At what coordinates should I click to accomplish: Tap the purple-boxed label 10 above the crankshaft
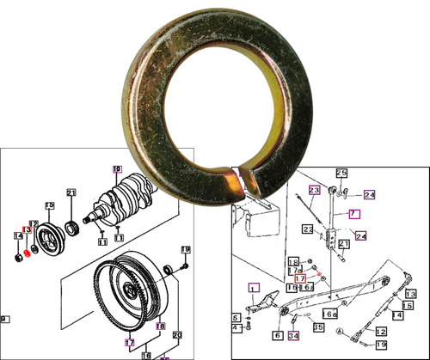click(117, 169)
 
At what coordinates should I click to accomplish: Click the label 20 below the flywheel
click(179, 334)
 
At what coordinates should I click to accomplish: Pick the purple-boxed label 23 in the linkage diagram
click(314, 189)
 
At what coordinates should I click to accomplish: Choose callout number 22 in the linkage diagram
click(307, 229)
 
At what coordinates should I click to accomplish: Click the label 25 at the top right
click(341, 174)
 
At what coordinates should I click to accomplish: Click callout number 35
click(317, 327)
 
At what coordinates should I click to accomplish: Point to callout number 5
click(236, 318)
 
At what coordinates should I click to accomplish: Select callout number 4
click(236, 328)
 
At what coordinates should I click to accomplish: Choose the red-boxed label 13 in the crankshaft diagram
click(27, 229)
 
